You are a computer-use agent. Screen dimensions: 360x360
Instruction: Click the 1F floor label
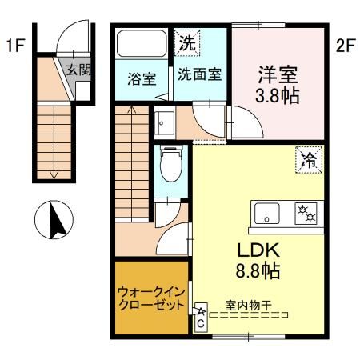pos(14,46)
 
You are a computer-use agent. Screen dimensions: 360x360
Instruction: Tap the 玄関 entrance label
pos(78,69)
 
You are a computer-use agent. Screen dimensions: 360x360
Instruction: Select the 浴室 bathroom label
pos(142,78)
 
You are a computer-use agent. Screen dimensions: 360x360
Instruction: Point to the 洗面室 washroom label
pos(198,78)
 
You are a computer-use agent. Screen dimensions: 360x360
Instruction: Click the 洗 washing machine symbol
pos(186,42)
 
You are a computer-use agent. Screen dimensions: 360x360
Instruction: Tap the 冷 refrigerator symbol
pos(308,158)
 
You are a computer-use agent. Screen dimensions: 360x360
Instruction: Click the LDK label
pos(257,249)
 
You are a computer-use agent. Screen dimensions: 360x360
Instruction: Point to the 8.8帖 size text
pos(257,271)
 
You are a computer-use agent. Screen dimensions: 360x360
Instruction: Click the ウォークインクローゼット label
pos(151,298)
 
